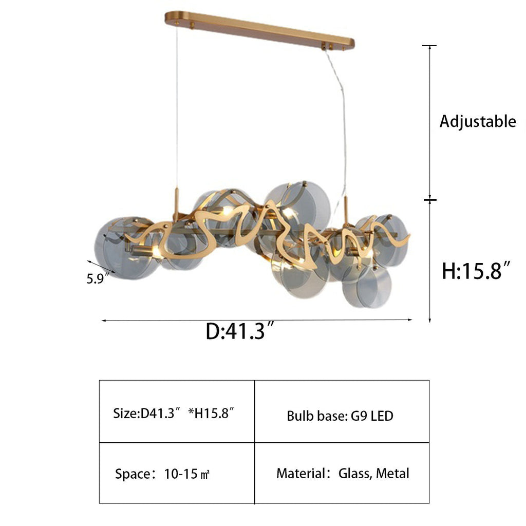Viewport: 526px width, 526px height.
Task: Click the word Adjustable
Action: [478, 121]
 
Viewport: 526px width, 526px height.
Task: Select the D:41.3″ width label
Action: [240, 331]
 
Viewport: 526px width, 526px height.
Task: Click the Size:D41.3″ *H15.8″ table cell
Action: [177, 411]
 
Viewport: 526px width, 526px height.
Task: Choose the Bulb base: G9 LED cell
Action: [342, 411]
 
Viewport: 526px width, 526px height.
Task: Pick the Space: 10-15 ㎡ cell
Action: [177, 473]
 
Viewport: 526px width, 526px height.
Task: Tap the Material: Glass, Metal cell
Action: [342, 473]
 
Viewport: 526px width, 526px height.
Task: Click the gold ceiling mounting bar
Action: [259, 30]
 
